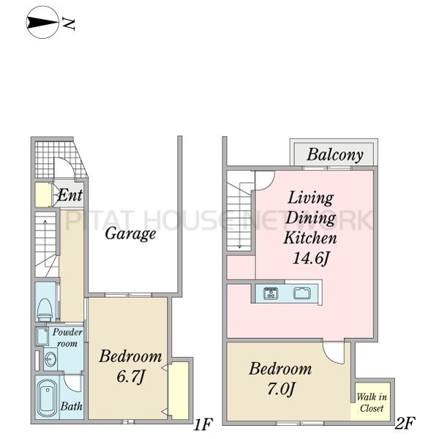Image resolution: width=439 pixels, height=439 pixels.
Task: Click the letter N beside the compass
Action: tap(68, 23)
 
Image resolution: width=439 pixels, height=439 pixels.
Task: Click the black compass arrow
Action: tap(42, 23)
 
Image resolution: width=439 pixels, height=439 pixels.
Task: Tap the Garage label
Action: tap(130, 234)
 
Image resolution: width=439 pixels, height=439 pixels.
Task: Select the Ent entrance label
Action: tap(70, 195)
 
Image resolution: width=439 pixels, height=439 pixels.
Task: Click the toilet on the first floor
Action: tap(45, 310)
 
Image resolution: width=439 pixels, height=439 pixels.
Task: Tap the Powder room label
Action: tap(67, 337)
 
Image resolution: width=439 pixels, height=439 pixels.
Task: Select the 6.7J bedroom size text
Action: tap(130, 377)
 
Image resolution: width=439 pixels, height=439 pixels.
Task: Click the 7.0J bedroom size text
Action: tap(281, 389)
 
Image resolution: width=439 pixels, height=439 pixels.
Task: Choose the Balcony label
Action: tap(335, 155)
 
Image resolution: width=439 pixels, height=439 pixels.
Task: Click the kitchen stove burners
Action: tap(271, 293)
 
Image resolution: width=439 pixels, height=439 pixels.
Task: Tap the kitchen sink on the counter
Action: tap(302, 293)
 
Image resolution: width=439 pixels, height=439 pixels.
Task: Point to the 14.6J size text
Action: tap(310, 258)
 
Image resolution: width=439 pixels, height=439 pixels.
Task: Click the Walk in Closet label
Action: tap(372, 402)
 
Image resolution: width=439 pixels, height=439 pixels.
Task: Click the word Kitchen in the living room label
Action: tap(310, 238)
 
